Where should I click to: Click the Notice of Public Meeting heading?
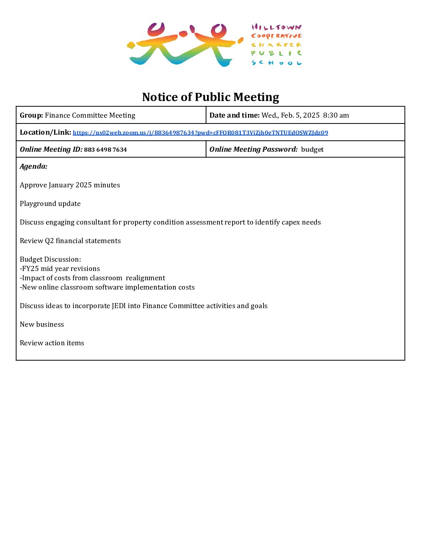[x=210, y=97]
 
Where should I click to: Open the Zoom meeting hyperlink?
[x=200, y=133]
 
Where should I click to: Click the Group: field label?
[x=31, y=115]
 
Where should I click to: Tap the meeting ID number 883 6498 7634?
[x=105, y=150]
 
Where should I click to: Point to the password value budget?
[x=312, y=149]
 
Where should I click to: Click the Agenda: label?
[x=34, y=166]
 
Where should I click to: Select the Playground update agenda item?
[x=50, y=204]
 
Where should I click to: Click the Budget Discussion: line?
[x=50, y=259]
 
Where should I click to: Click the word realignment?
[x=145, y=278]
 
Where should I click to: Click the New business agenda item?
[x=42, y=324]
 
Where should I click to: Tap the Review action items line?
[x=52, y=343]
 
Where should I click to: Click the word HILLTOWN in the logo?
[x=276, y=27]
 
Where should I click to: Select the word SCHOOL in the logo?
[x=276, y=63]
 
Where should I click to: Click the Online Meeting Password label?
[x=253, y=149]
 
